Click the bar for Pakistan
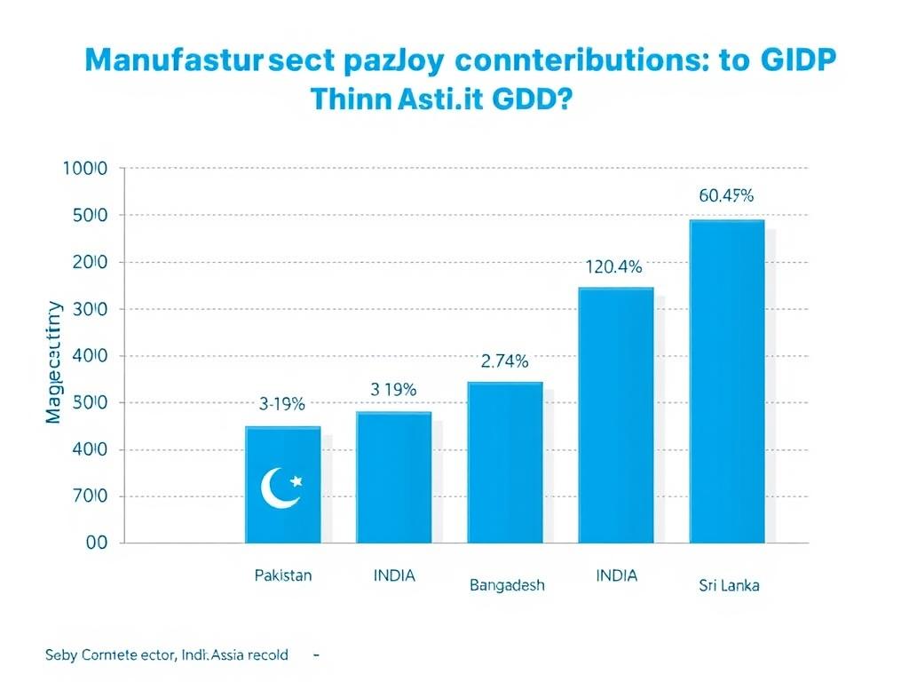[x=283, y=484]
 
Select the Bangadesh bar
[x=505, y=462]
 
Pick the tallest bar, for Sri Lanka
[x=727, y=382]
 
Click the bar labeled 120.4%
[x=616, y=415]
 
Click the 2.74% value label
[x=504, y=361]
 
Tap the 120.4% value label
[x=613, y=266]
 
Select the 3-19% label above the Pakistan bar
[x=282, y=404]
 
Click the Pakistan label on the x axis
[x=283, y=575]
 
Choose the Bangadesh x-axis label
[x=507, y=585]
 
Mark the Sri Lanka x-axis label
[x=730, y=585]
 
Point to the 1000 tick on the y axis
[x=85, y=169]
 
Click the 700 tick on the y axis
[x=86, y=496]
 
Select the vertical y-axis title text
[x=54, y=362]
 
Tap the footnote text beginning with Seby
[x=166, y=655]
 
